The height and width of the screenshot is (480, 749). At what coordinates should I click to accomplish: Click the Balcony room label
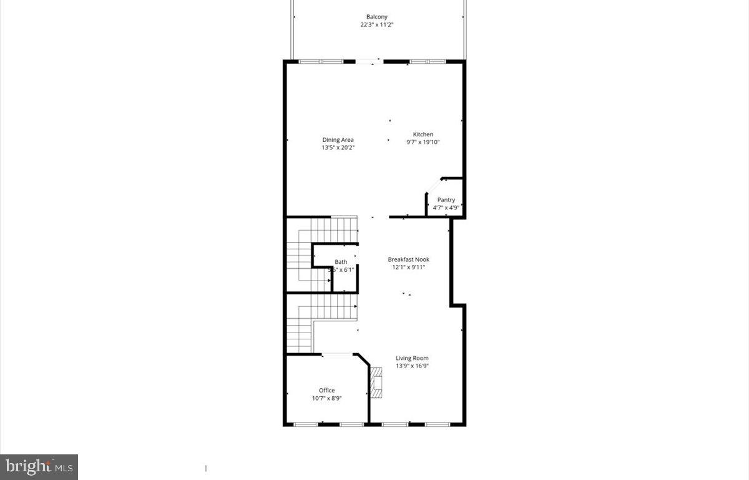click(376, 17)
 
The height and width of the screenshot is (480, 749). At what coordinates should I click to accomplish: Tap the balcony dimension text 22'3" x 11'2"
click(376, 25)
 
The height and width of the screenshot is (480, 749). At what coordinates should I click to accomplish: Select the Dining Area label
click(338, 139)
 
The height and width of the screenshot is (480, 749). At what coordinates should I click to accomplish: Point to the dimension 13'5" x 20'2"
click(338, 147)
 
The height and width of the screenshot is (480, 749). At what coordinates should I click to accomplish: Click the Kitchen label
click(423, 134)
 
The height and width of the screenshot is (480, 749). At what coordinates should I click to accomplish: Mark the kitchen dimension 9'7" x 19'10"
click(423, 142)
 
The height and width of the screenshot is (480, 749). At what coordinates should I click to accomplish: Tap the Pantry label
click(446, 200)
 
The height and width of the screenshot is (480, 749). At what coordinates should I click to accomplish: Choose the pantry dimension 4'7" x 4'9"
click(446, 207)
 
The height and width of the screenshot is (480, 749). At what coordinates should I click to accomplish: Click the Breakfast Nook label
click(408, 259)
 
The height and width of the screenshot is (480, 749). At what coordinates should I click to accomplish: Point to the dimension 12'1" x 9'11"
click(408, 267)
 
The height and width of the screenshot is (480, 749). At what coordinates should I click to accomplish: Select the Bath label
click(341, 262)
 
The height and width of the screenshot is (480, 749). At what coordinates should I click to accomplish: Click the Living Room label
click(412, 358)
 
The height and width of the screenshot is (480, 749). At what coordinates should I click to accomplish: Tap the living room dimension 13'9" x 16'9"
click(412, 366)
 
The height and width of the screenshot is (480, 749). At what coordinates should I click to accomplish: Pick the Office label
click(326, 390)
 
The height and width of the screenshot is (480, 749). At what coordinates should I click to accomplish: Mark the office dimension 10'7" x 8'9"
click(326, 398)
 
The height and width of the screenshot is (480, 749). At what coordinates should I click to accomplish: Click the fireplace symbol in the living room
click(376, 382)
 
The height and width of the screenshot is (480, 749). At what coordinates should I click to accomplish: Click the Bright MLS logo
click(39, 466)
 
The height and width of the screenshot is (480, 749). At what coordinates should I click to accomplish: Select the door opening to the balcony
click(370, 61)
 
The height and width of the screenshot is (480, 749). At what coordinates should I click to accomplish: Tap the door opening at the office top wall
click(338, 355)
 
